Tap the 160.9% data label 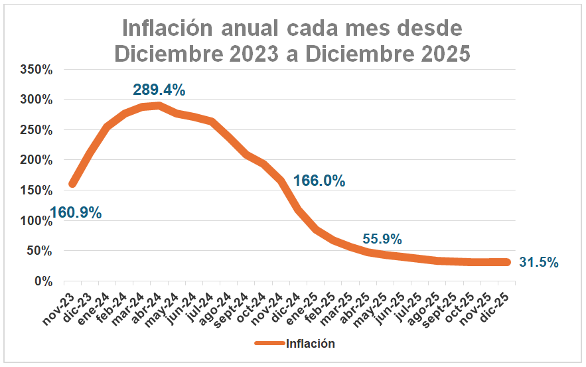pyautogui.click(x=75, y=213)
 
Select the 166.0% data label pyautogui.click(x=319, y=181)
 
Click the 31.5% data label pyautogui.click(x=538, y=262)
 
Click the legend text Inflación pyautogui.click(x=311, y=343)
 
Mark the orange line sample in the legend pyautogui.click(x=269, y=343)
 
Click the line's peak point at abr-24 pyautogui.click(x=159, y=106)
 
